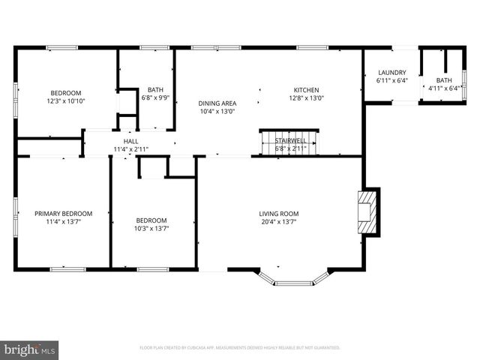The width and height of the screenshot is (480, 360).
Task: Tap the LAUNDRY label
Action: click(391, 73)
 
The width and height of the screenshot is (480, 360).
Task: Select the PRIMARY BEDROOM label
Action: click(63, 213)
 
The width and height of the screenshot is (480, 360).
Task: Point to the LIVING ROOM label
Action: click(279, 213)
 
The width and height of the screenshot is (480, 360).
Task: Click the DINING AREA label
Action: click(217, 103)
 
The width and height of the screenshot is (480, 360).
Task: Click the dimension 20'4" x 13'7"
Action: click(279, 222)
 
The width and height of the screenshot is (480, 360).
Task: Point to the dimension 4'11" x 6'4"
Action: click(444, 88)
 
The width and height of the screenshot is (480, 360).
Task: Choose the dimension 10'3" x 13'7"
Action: click(151, 228)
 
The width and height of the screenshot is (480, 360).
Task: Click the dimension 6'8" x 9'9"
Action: click(155, 97)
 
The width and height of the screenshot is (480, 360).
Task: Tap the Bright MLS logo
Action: click(30, 349)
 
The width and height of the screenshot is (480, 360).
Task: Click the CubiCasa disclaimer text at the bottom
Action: click(240, 348)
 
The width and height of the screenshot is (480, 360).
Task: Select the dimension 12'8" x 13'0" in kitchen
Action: click(307, 97)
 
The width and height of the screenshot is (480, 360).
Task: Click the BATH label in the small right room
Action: click(444, 80)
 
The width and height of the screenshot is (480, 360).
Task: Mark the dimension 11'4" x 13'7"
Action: click(63, 222)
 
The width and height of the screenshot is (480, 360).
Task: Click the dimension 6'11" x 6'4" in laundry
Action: click(391, 81)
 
